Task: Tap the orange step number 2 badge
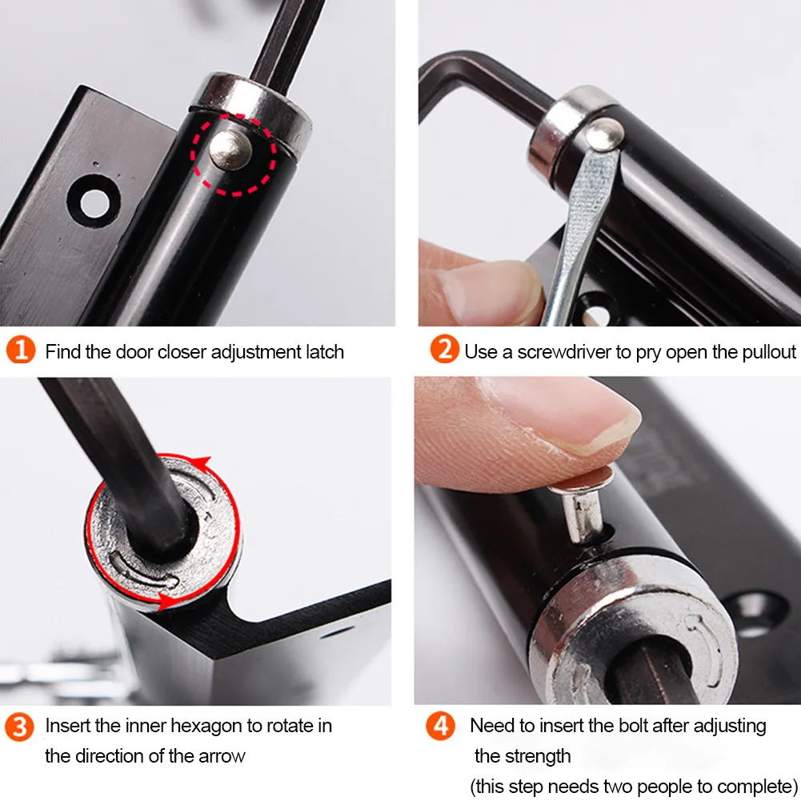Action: coord(444,350)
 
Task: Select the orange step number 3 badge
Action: coord(19,727)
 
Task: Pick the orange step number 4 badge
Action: coord(440,726)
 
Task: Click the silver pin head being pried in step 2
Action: coord(604,134)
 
